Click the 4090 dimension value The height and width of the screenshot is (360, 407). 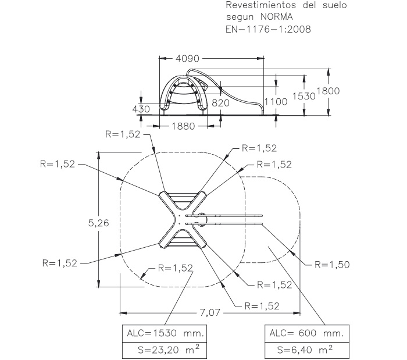point(187,59)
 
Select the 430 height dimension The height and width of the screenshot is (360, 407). point(141,109)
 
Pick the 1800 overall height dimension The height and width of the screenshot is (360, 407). point(328,91)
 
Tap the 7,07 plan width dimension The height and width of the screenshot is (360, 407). point(210,313)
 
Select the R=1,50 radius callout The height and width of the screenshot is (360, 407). point(332,264)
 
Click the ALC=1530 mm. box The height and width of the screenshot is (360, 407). point(165,334)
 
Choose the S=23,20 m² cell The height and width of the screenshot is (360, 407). point(165,351)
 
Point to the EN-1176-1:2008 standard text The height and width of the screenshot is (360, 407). point(267,28)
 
